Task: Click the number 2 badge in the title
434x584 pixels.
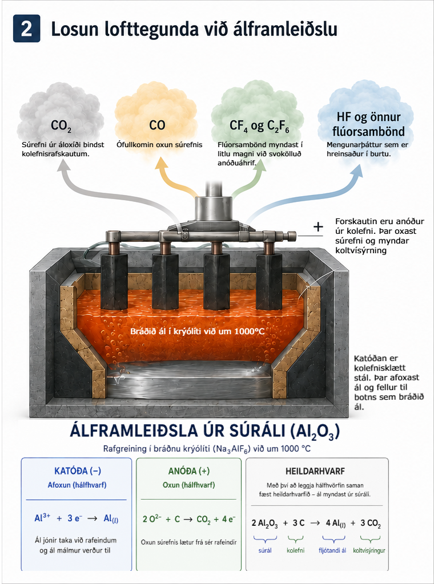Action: coord(26,29)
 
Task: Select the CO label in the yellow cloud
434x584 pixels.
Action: coord(157,125)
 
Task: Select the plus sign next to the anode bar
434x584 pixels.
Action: coord(318,227)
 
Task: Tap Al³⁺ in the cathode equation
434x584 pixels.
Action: coord(42,518)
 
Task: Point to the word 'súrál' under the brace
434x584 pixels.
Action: coord(265,550)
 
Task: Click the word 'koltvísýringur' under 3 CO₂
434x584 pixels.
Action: coord(369,550)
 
